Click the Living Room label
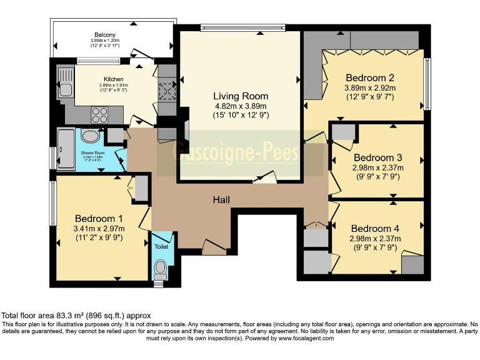tap(241, 96)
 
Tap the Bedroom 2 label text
tap(370, 78)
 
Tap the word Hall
tap(221, 200)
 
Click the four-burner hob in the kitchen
tap(100, 114)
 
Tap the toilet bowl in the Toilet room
tap(161, 269)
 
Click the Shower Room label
tap(92, 152)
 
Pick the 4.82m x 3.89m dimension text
tap(241, 106)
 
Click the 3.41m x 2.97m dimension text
tap(98, 229)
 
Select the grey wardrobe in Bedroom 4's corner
tap(412, 264)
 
